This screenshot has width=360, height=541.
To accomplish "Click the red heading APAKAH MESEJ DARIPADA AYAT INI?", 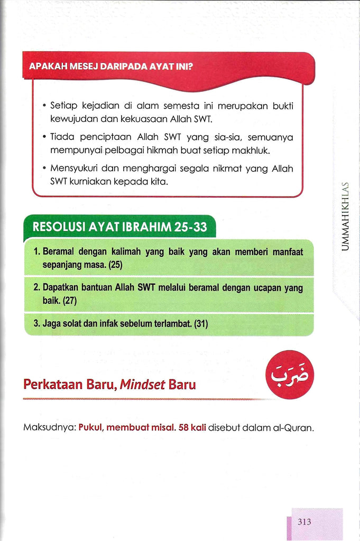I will pyautogui.click(x=110, y=67).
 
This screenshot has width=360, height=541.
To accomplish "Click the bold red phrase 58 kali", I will pyautogui.click(x=192, y=427).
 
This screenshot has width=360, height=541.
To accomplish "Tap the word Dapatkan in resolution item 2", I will pyautogui.click(x=62, y=288).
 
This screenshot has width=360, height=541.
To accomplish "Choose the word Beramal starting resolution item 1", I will pyautogui.click(x=61, y=252).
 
